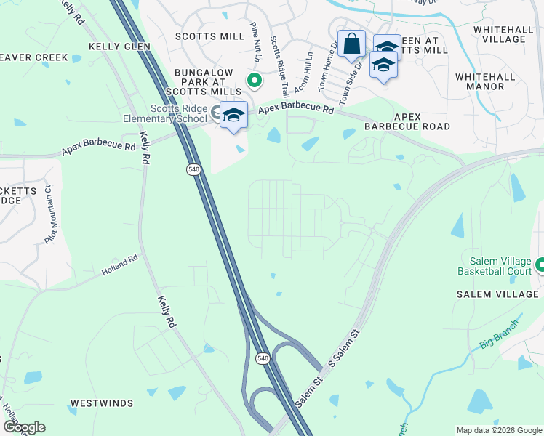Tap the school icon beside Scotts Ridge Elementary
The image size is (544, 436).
coord(233,116)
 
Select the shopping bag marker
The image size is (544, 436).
coord(351,44)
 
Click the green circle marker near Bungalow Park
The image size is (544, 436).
coord(255,81)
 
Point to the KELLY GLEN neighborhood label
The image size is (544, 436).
coord(119,47)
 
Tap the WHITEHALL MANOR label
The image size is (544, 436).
coord(480,81)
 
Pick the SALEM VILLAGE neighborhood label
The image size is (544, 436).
coord(497,294)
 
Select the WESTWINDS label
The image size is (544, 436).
coord(100,403)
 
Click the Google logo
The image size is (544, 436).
coord(24,427)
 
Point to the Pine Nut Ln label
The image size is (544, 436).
coord(254,40)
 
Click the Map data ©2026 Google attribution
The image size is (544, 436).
coord(498,430)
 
